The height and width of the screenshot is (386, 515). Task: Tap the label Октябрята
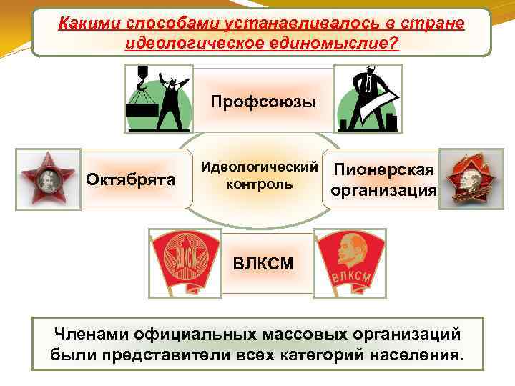131,179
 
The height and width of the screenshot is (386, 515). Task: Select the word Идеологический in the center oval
259,167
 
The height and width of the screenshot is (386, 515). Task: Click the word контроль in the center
259,184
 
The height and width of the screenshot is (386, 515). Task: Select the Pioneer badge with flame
469,179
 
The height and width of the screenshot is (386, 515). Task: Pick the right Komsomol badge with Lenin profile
350,262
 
